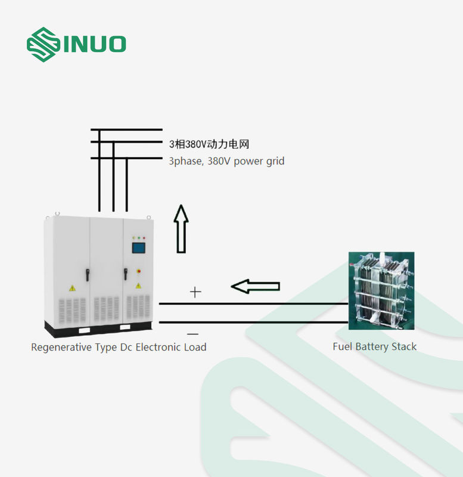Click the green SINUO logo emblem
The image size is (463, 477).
coord(42,44)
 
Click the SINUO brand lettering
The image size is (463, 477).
coord(95,44)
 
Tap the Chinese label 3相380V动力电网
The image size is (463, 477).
coord(208,144)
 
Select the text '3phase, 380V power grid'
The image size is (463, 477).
coord(226,161)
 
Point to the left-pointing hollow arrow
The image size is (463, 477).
coord(255,286)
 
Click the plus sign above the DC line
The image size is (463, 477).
coord(195,292)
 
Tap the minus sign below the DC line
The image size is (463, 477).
coord(192,334)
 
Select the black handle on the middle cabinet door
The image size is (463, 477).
coord(87,274)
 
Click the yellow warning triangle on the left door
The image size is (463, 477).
coord(72,288)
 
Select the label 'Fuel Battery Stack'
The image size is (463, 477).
coord(374,346)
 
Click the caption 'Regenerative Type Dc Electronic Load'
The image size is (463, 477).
coord(119,347)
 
